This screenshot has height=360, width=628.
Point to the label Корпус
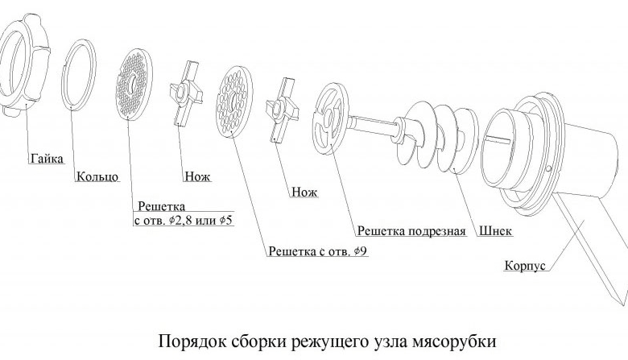(527, 265)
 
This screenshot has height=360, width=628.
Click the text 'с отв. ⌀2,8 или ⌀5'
(183, 220)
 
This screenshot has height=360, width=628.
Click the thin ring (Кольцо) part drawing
(78, 72)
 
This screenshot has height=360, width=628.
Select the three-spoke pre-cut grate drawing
(329, 121)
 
